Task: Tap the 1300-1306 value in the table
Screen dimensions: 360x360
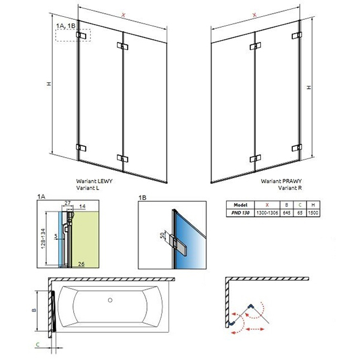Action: tap(267, 212)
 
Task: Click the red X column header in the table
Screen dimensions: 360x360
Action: tap(267, 205)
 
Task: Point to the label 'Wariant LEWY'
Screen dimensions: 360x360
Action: tap(94, 181)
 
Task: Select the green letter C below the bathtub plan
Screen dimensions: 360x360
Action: tap(37, 344)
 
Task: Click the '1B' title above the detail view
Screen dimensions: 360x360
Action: tap(141, 196)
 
